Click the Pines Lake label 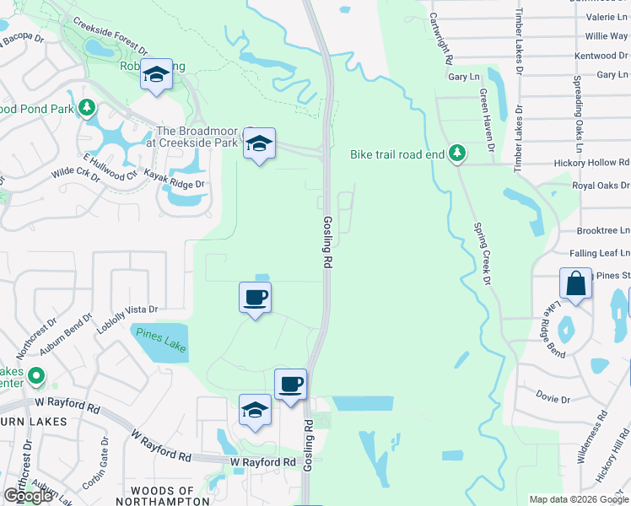click(x=160, y=341)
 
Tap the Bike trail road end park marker click(x=456, y=153)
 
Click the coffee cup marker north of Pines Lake click(x=255, y=297)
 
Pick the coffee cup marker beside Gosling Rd click(x=290, y=384)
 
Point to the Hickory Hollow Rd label click(x=591, y=162)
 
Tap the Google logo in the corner click(x=29, y=496)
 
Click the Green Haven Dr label click(x=488, y=119)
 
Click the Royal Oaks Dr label click(x=600, y=186)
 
